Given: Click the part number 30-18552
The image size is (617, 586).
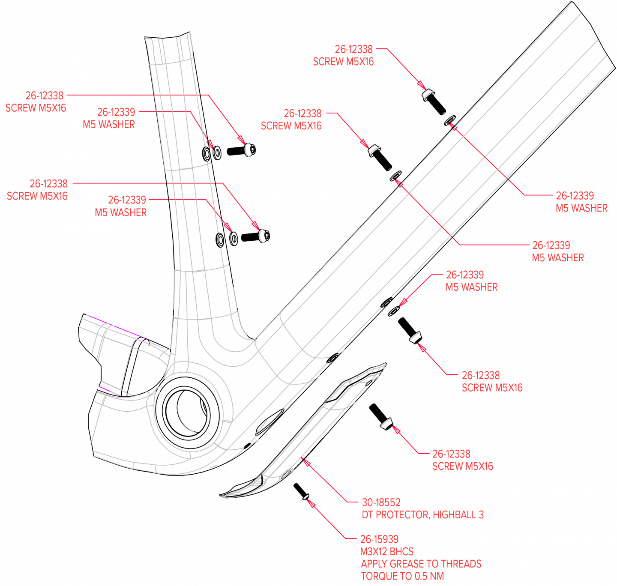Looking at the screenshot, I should [x=381, y=502].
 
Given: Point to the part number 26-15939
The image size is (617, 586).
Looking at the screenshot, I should [x=379, y=539].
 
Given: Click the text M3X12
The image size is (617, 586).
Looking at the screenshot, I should [x=374, y=551].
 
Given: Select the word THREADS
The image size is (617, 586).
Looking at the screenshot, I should [x=461, y=564].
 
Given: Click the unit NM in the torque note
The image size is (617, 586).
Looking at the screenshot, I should [x=437, y=576].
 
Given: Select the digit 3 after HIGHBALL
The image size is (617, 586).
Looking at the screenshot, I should [x=481, y=514].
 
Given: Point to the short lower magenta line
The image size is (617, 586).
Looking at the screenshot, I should [x=109, y=390].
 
